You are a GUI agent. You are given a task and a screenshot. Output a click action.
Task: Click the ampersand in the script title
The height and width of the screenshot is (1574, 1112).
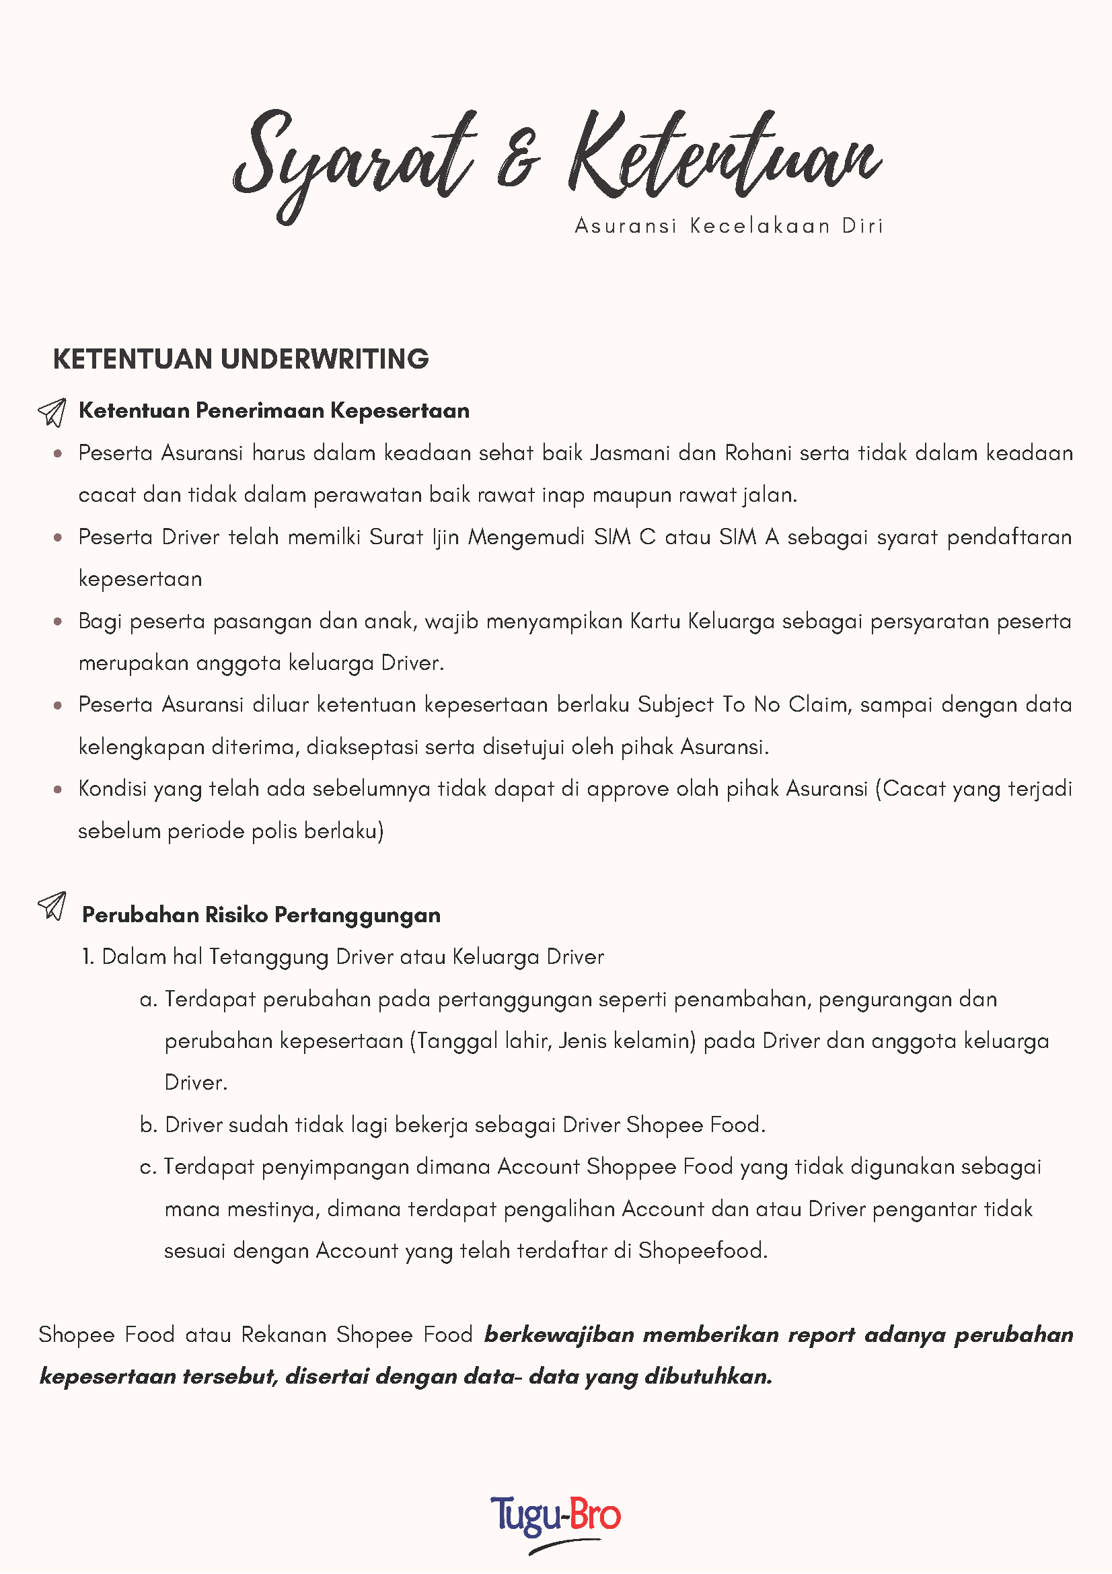coord(518,159)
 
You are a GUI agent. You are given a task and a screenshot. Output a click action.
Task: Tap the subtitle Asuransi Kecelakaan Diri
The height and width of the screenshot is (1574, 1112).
coord(729,225)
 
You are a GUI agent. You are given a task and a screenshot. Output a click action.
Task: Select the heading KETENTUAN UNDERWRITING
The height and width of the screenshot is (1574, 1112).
coord(241,359)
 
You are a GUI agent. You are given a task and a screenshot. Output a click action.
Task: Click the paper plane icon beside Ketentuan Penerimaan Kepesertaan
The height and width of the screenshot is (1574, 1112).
coord(52,412)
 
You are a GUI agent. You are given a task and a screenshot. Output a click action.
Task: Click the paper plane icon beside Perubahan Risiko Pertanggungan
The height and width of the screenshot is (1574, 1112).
coord(52,905)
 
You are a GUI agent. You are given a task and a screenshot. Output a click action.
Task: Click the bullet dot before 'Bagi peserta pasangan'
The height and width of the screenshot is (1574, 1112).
coord(59,622)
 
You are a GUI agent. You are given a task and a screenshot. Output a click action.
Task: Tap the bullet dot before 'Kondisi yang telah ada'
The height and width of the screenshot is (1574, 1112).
coord(59,790)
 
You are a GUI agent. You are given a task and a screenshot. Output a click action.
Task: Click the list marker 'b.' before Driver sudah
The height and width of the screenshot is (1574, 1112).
coord(149,1125)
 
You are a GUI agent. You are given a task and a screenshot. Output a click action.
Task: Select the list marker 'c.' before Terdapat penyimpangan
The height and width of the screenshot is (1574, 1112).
coord(148,1168)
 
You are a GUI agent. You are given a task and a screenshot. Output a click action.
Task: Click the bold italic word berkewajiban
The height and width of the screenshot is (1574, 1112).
coord(559,1335)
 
